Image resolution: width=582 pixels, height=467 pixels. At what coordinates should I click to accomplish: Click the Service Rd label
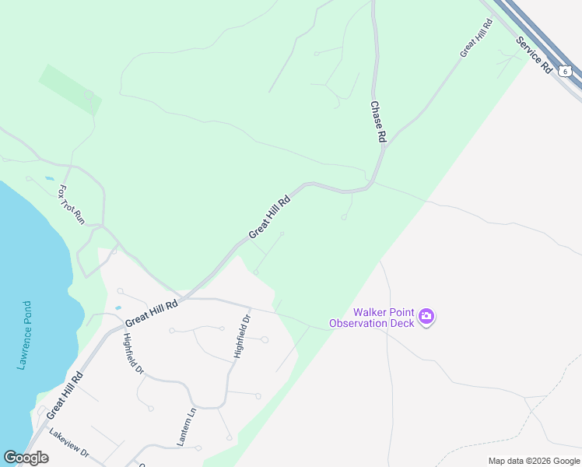click(x=534, y=55)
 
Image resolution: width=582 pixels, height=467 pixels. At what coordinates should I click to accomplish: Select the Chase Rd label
click(x=378, y=121)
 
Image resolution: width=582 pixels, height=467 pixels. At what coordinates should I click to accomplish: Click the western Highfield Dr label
click(x=134, y=353)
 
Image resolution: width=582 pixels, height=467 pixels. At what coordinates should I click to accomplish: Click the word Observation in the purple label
click(x=359, y=323)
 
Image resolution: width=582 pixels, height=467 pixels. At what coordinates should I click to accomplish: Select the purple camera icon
click(x=426, y=317)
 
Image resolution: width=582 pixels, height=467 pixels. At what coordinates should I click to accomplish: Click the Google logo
click(x=26, y=458)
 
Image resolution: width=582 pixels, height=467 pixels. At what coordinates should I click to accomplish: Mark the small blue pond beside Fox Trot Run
click(x=50, y=178)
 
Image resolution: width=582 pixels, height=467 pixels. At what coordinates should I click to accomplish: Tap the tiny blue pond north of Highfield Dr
click(x=118, y=307)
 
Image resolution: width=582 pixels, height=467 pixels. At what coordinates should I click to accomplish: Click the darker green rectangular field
click(x=69, y=89)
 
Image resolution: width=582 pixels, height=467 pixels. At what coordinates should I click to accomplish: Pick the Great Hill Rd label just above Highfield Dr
click(x=153, y=311)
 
